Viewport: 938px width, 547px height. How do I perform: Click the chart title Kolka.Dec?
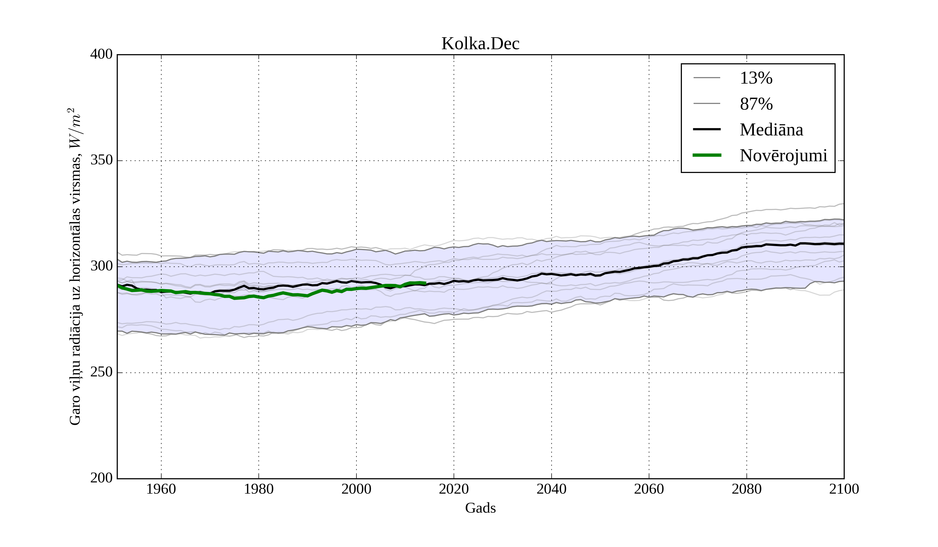pyautogui.click(x=480, y=44)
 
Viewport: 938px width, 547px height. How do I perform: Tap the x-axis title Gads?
pyautogui.click(x=480, y=508)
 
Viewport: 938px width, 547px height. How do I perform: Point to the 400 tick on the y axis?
pyautogui.click(x=101, y=54)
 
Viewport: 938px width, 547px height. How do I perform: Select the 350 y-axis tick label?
pyautogui.click(x=101, y=160)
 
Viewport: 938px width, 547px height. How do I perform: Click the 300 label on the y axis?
pyautogui.click(x=101, y=266)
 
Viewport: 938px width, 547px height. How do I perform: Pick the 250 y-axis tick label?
pyautogui.click(x=101, y=372)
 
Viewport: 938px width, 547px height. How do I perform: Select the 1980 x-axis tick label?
pyautogui.click(x=259, y=489)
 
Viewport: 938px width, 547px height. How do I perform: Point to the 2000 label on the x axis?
pyautogui.click(x=356, y=489)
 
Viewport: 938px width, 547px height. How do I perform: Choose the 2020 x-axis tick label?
pyautogui.click(x=454, y=489)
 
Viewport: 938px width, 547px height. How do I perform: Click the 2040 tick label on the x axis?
pyautogui.click(x=551, y=489)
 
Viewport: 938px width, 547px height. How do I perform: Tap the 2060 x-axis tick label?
pyautogui.click(x=649, y=489)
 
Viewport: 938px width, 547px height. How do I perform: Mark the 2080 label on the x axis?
pyautogui.click(x=746, y=489)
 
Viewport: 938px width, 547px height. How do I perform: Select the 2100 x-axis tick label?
pyautogui.click(x=844, y=489)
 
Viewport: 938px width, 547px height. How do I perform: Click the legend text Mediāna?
pyautogui.click(x=771, y=130)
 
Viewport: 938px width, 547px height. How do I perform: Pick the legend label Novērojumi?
pyautogui.click(x=783, y=156)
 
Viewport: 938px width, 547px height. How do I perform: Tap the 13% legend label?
pyautogui.click(x=756, y=78)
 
